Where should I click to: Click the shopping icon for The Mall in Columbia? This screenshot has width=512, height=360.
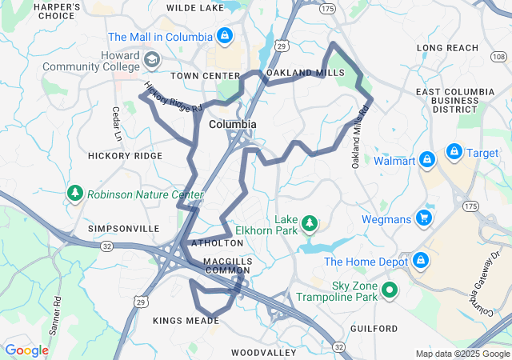coord(225,37)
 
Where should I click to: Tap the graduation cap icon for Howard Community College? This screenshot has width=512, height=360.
coord(151,60)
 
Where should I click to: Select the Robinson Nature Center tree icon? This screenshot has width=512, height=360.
coord(75,193)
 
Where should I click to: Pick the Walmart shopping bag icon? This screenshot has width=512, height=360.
coord(427,161)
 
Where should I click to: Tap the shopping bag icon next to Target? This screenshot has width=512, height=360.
coord(454,152)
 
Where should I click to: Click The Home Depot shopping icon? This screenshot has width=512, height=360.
coord(420,261)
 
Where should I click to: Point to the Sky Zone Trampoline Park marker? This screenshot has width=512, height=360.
coord(390,290)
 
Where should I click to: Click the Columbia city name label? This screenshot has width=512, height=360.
coord(233,125)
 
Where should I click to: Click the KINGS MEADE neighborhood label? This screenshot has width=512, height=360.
coord(186,320)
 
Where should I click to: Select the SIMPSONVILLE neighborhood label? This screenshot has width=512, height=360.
coord(124,228)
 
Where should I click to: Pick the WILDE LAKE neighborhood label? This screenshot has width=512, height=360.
coord(195,7)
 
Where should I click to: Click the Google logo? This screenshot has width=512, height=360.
coord(27,350)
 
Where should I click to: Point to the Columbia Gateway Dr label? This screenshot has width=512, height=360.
coord(484,284)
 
